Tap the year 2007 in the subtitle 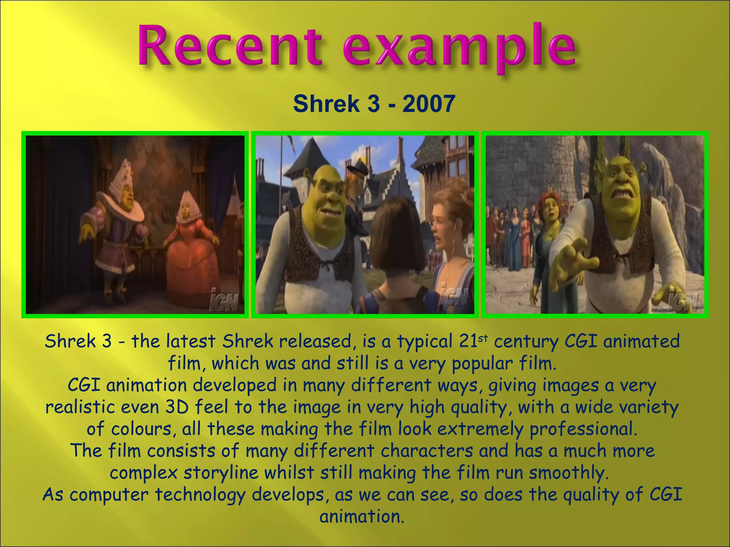(x=428, y=104)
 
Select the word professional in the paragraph (x=583, y=429)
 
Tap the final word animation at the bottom (x=362, y=517)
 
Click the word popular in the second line (x=482, y=364)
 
